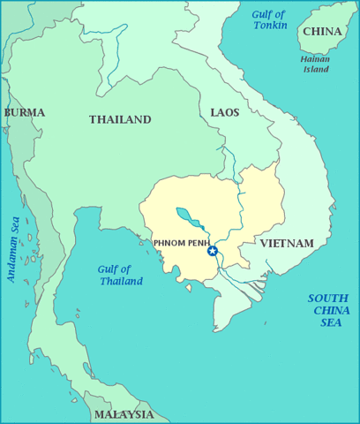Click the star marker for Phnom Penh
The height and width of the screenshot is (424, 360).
(212, 251)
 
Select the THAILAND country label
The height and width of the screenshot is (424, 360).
(120, 119)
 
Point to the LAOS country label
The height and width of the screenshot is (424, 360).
(225, 112)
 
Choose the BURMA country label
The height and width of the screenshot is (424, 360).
(24, 112)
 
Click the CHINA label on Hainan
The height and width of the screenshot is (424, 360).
(322, 32)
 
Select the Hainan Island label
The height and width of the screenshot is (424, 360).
(316, 64)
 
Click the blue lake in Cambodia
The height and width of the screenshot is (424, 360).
(186, 216)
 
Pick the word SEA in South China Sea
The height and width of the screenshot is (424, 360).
(331, 323)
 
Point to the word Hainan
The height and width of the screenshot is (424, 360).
(316, 58)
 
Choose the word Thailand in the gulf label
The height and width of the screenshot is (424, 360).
(121, 281)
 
